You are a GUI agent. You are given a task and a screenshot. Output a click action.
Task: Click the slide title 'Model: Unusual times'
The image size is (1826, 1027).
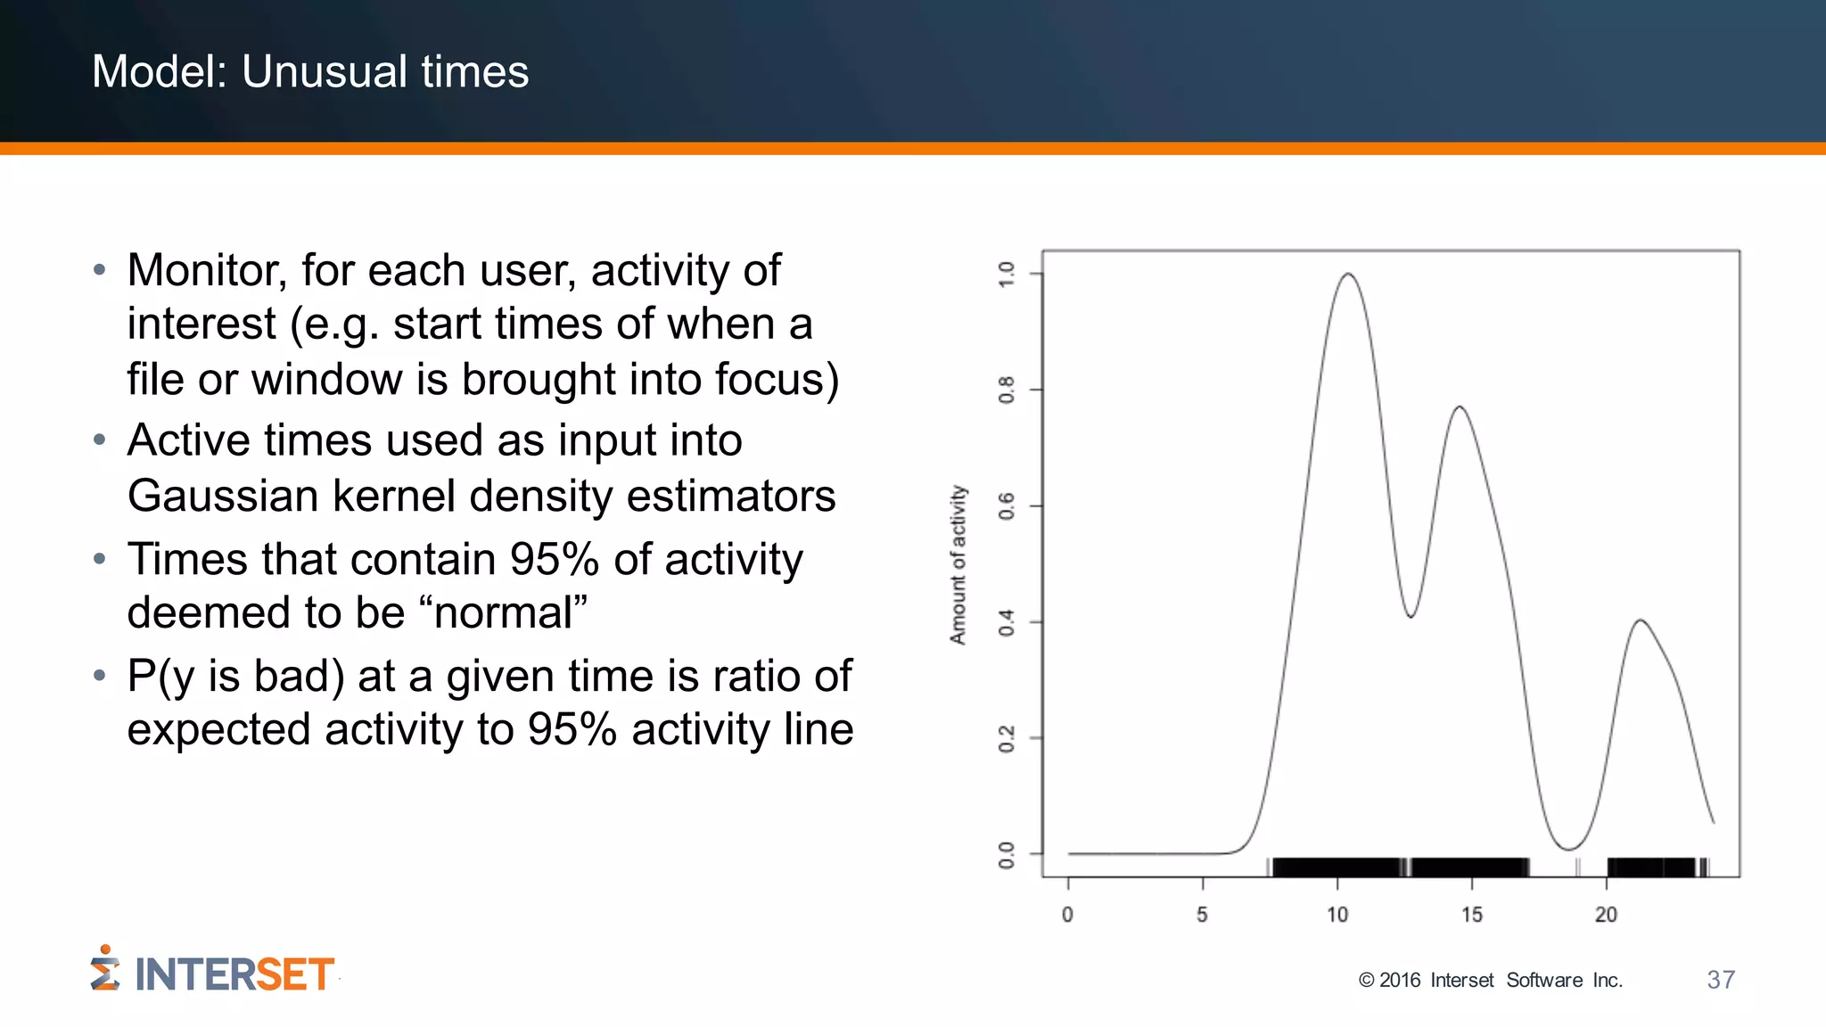310,71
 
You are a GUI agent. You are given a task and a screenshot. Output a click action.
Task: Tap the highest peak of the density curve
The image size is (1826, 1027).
1347,275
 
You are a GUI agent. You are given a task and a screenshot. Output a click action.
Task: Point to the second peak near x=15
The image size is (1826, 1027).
1460,407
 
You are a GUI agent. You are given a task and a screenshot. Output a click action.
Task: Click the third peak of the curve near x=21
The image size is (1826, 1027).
1641,620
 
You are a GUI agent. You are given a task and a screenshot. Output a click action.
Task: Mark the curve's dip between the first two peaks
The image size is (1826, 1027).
1411,616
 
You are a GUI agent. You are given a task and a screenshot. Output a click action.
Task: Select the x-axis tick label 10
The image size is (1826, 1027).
1337,915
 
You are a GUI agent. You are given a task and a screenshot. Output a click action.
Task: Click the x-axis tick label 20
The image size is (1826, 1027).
1606,915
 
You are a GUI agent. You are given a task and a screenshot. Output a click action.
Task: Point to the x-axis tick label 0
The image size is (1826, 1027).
1067,915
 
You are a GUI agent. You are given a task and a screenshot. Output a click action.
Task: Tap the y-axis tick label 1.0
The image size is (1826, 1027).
1007,274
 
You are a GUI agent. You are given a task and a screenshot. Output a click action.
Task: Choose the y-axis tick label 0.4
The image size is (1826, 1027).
1007,622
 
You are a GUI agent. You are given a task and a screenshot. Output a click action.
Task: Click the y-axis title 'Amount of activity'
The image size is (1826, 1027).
958,564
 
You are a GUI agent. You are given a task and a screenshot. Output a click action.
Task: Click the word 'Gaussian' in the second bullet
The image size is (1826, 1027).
222,496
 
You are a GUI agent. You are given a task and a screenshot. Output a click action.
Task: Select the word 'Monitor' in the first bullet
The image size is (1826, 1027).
206,270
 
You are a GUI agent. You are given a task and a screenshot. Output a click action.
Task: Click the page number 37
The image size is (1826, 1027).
1721,980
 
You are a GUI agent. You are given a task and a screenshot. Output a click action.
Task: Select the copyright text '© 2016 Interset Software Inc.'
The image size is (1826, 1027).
1490,981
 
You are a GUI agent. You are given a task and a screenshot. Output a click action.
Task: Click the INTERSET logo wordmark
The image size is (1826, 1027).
234,974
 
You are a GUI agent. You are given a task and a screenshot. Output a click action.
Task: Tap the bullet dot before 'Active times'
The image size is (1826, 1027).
100,440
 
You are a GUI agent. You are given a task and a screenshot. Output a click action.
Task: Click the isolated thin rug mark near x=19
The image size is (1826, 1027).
1578,867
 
